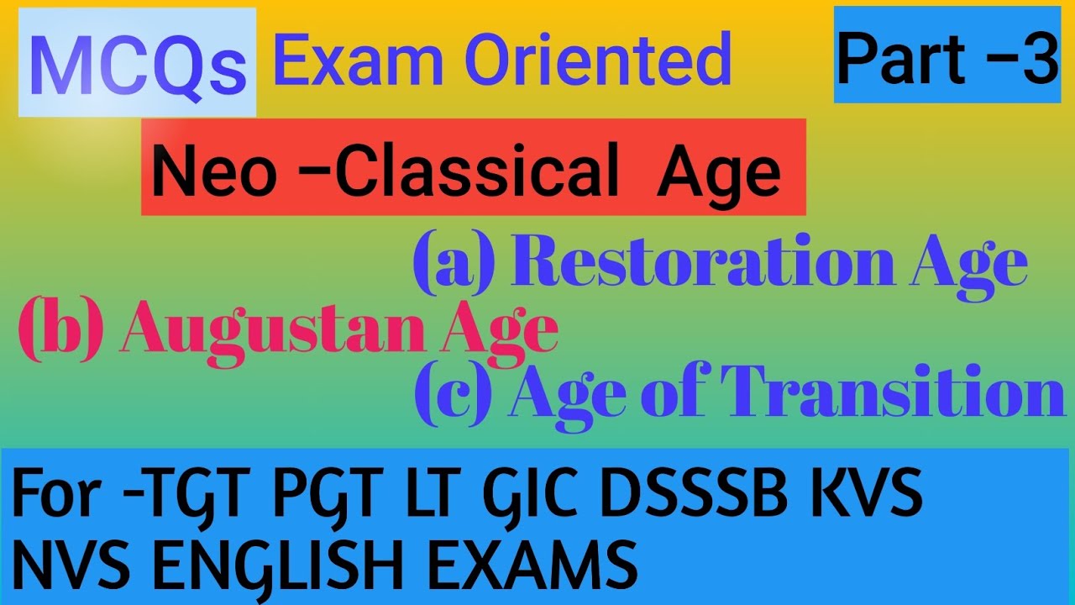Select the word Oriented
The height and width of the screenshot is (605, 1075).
pyautogui.click(x=596, y=60)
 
